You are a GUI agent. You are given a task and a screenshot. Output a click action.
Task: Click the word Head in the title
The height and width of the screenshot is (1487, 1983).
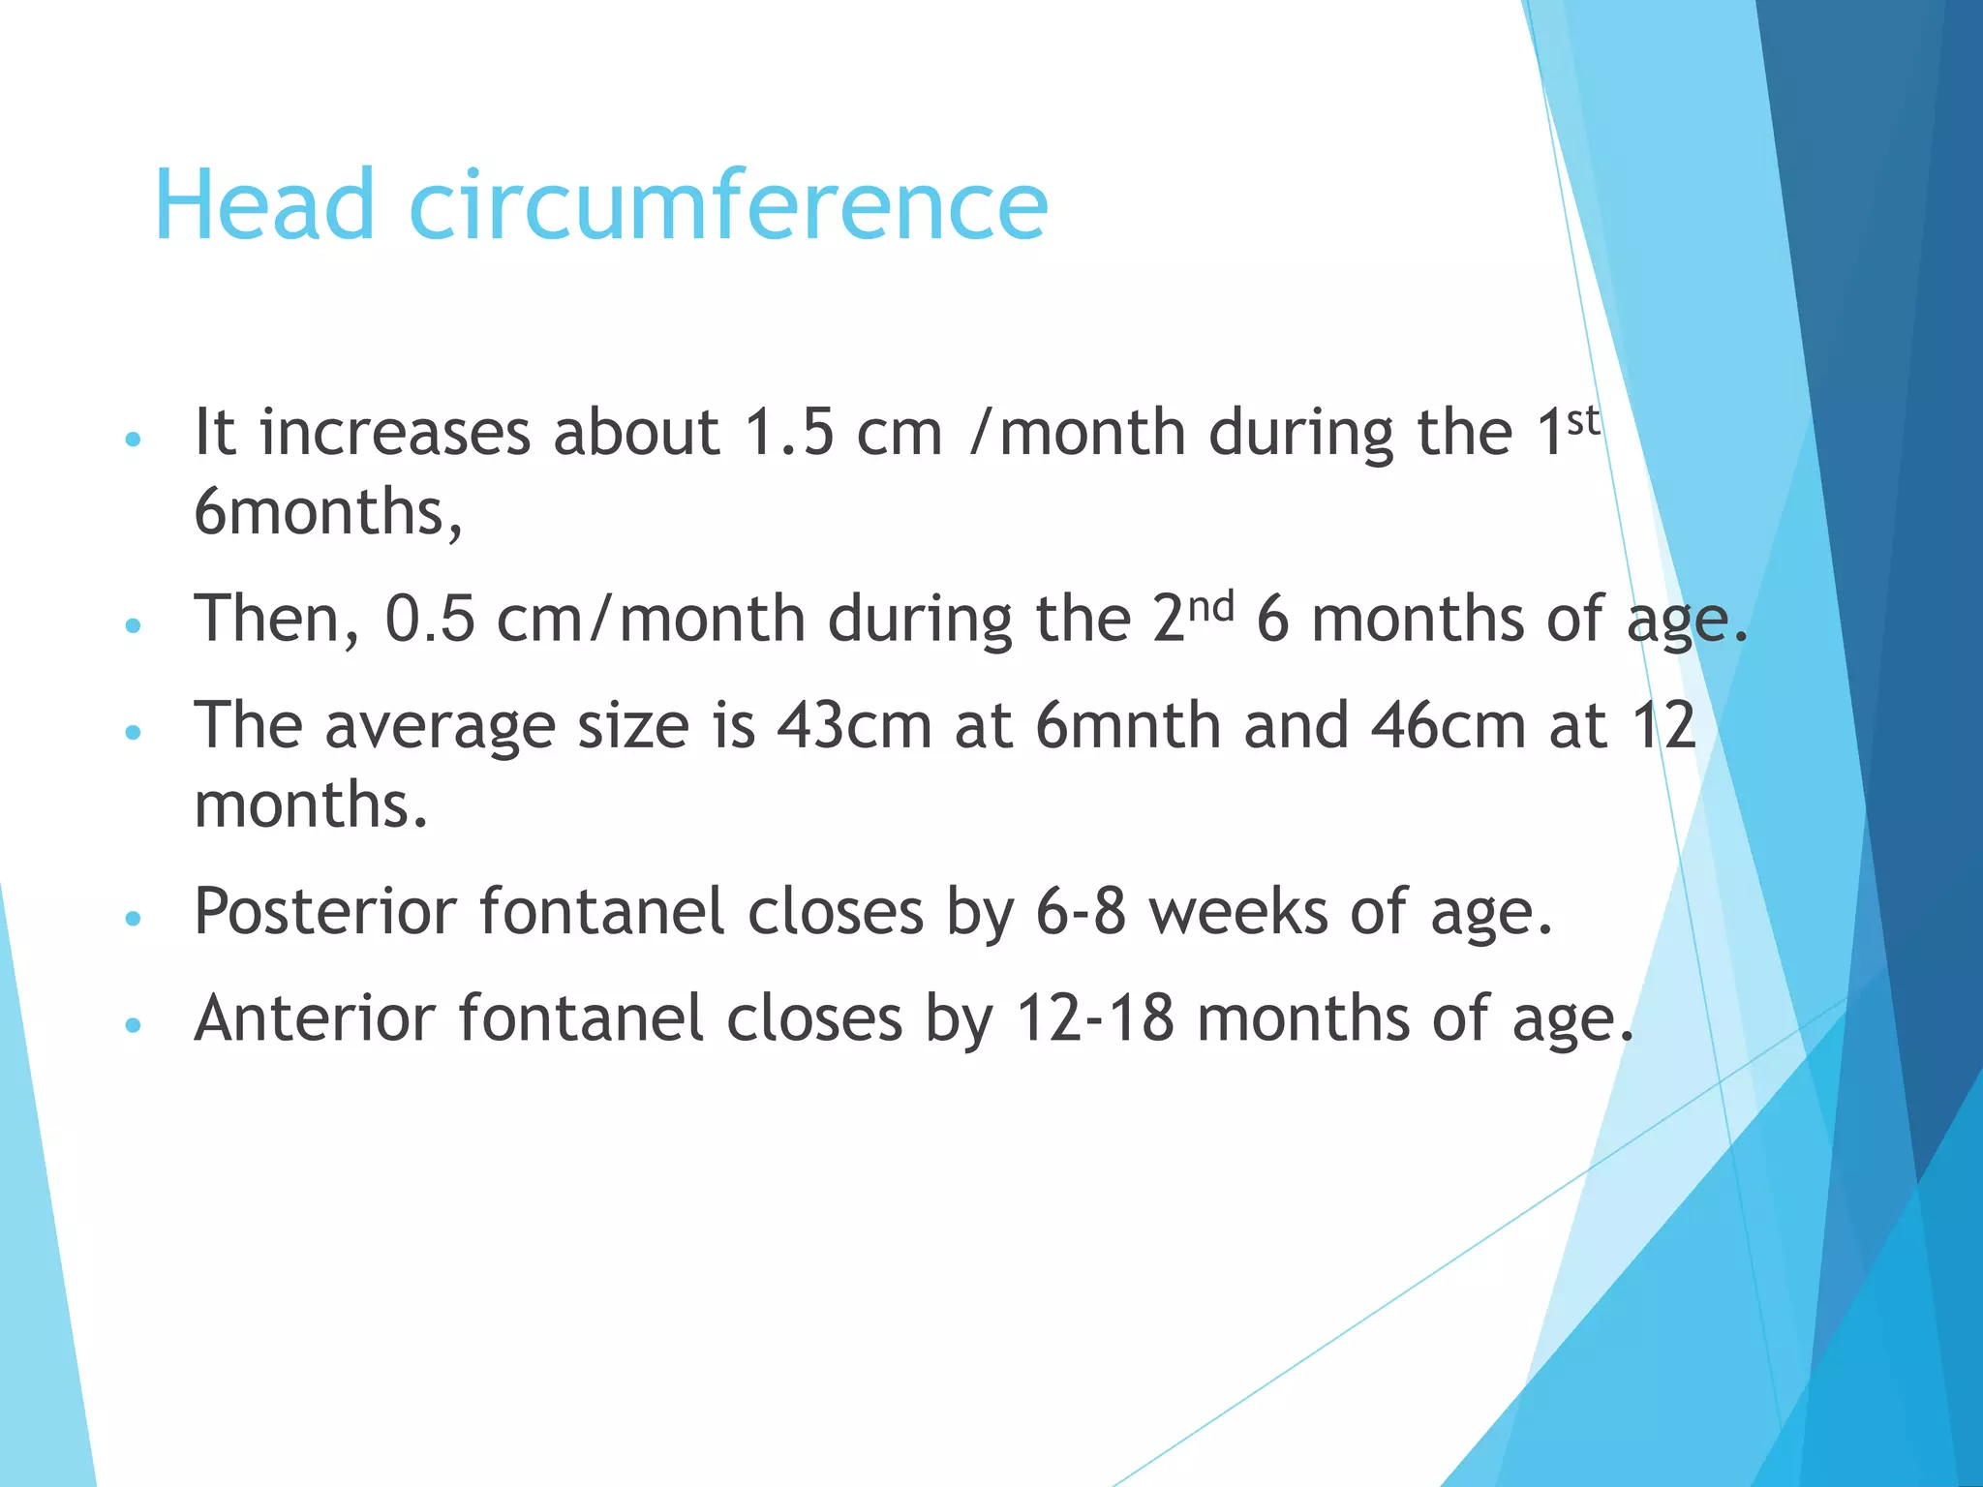[263, 205]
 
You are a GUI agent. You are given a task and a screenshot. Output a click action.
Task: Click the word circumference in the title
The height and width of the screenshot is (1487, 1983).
[728, 205]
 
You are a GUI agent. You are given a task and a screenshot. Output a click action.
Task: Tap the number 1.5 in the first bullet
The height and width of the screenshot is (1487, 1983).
[788, 432]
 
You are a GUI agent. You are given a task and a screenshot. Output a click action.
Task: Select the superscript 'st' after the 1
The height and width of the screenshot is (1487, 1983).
[1584, 419]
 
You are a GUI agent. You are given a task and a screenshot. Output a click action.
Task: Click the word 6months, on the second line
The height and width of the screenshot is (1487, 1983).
[327, 512]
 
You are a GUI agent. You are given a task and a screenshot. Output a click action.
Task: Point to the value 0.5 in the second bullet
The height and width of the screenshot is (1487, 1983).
[430, 620]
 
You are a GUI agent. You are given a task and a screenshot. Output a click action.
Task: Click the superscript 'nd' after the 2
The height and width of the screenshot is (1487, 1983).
[1211, 607]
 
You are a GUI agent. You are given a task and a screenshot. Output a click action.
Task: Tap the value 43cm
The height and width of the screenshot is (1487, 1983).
[854, 726]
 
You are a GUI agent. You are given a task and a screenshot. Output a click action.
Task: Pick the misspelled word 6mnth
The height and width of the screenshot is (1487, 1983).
[1128, 726]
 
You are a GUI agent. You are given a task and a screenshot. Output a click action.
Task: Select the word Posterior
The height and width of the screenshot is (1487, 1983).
[325, 912]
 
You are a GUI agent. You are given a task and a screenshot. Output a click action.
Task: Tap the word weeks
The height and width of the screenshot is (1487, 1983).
[1238, 912]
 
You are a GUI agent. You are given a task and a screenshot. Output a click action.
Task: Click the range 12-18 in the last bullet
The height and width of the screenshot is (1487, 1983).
[1094, 1019]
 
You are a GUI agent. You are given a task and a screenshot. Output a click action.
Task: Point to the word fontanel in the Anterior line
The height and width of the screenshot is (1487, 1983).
[581, 1019]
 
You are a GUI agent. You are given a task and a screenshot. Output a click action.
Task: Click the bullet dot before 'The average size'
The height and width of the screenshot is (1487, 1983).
[134, 732]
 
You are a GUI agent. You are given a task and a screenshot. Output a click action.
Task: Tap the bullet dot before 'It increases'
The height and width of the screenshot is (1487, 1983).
[134, 440]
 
